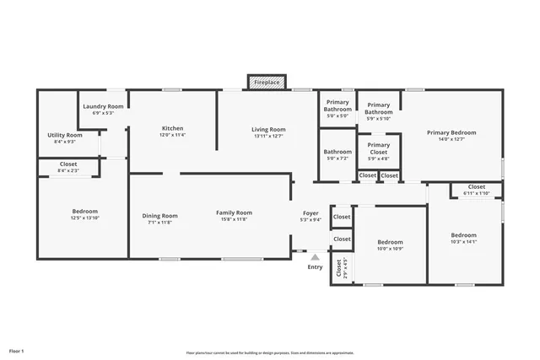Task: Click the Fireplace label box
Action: [267, 83]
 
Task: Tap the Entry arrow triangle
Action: [315, 257]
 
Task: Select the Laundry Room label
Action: [103, 106]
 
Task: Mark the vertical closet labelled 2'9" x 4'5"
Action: [340, 268]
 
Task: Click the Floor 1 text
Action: [17, 350]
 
